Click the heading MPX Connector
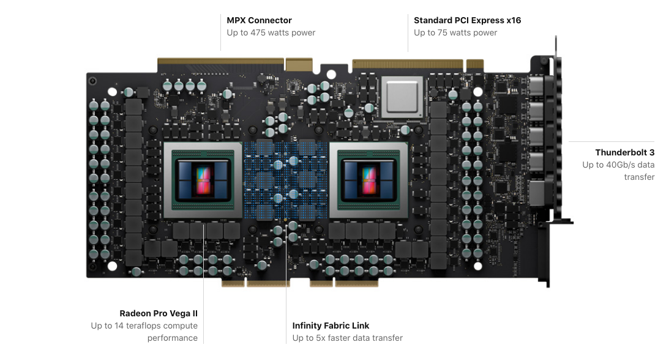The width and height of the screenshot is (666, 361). pyautogui.click(x=259, y=20)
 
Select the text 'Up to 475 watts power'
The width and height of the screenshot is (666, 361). pyautogui.click(x=271, y=32)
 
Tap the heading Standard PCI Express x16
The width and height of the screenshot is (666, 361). pyautogui.click(x=467, y=20)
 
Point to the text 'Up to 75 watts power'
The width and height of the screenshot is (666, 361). pyautogui.click(x=455, y=32)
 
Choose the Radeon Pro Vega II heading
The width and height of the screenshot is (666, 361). pyautogui.click(x=159, y=313)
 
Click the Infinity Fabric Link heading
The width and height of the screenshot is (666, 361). pyautogui.click(x=331, y=326)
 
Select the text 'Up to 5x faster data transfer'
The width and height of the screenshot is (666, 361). pyautogui.click(x=347, y=338)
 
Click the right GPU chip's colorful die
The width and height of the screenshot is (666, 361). pyautogui.click(x=369, y=180)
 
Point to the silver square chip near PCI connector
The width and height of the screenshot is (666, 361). pyautogui.click(x=402, y=96)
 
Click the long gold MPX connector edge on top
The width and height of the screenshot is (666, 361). pyautogui.click(x=220, y=63)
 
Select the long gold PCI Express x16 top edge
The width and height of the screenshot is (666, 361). pyautogui.click(x=408, y=63)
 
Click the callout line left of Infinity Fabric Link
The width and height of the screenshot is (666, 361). pyautogui.click(x=286, y=312)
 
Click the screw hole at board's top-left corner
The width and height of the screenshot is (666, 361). pyautogui.click(x=92, y=80)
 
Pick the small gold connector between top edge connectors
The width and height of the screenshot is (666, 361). pyautogui.click(x=299, y=64)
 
